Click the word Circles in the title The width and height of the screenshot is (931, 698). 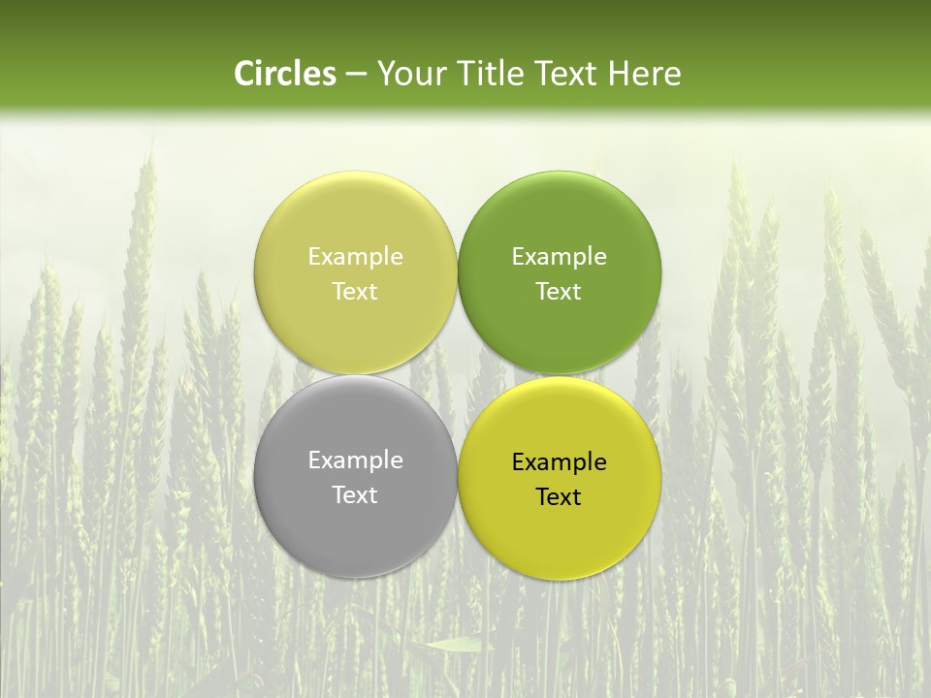[285, 74]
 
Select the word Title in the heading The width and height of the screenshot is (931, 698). [491, 74]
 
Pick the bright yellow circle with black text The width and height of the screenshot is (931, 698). [560, 533]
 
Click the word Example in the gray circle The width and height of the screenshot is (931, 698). [355, 460]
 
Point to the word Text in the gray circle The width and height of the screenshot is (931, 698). [355, 494]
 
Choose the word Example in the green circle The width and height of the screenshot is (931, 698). [559, 257]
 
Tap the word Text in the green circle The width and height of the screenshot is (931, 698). [559, 291]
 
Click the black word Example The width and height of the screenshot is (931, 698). [559, 462]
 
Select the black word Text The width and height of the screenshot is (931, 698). [559, 496]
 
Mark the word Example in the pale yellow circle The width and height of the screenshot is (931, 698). [355, 257]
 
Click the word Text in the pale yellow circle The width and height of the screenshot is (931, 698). [355, 291]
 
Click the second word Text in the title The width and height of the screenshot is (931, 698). [568, 74]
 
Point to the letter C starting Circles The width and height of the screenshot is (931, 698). [245, 74]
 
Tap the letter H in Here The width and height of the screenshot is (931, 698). [619, 74]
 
